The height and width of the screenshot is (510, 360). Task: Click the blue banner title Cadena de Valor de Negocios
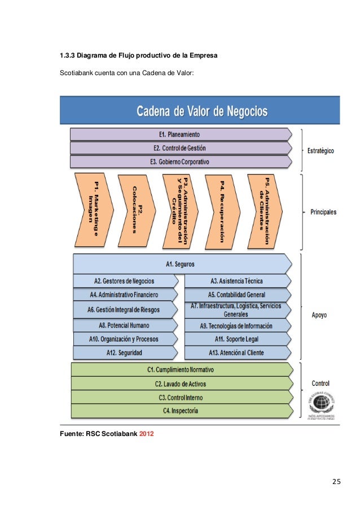tap(201, 111)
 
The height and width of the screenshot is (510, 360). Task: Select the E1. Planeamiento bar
tap(179, 134)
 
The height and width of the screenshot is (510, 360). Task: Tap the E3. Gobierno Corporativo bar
tap(179, 162)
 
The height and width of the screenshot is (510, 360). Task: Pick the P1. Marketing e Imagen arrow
tap(94, 210)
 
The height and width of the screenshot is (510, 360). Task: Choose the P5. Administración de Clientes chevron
tap(265, 210)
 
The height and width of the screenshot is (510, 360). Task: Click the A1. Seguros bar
tap(181, 263)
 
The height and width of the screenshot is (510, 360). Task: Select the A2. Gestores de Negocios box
tap(124, 281)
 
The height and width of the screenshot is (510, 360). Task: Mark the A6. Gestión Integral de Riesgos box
tap(124, 310)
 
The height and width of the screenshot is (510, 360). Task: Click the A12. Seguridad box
tap(124, 352)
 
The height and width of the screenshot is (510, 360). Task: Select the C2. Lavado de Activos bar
tap(181, 383)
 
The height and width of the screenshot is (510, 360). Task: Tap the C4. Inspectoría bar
tap(181, 411)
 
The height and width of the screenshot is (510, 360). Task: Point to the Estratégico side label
tap(321, 151)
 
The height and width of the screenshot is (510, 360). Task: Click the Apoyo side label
tap(319, 315)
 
